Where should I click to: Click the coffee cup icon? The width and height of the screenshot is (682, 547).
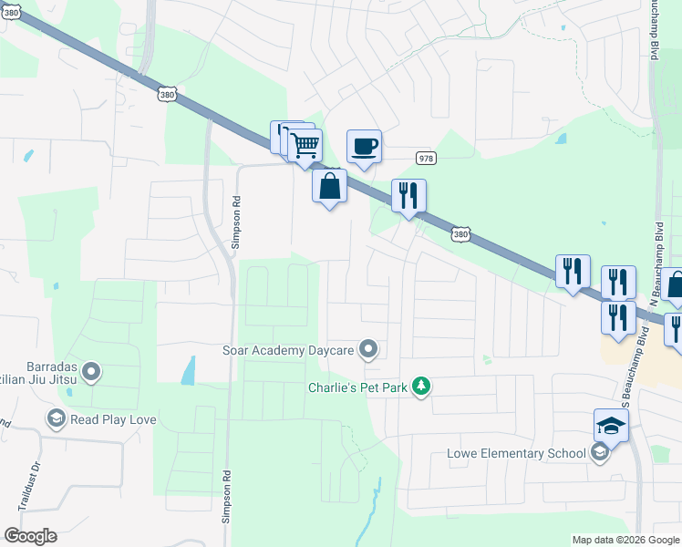(x=364, y=146)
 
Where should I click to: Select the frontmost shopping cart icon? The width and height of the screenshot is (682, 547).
(x=305, y=143)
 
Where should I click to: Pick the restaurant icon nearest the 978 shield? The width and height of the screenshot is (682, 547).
(x=408, y=195)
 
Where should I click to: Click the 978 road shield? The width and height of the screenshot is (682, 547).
(x=425, y=157)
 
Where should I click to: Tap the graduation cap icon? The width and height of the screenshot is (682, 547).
(x=611, y=424)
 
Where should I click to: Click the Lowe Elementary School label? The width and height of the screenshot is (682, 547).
(x=516, y=453)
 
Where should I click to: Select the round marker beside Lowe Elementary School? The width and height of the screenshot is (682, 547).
(x=599, y=453)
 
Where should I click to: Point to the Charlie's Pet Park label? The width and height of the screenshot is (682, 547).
(x=360, y=386)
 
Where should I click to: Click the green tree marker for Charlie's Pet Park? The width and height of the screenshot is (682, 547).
(x=420, y=387)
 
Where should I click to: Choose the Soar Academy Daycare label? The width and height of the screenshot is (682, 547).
(x=287, y=348)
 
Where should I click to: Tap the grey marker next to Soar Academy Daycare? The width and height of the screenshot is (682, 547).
(x=367, y=348)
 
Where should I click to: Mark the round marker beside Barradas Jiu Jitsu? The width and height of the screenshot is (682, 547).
(x=91, y=371)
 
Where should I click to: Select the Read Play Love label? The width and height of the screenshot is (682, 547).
(x=113, y=419)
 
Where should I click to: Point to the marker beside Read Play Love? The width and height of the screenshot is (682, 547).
(x=56, y=419)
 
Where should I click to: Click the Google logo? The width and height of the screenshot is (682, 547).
(x=30, y=536)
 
